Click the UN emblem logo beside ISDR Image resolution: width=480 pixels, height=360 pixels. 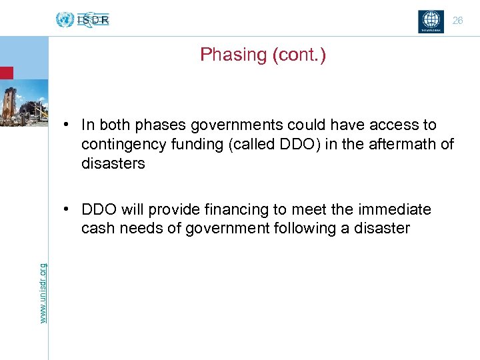tap(65, 20)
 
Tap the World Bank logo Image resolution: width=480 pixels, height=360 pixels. tap(430, 21)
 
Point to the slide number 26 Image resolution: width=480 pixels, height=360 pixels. tap(457, 21)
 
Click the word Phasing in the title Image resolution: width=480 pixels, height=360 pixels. tap(233, 55)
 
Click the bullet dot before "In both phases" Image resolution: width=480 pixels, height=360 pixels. tap(69, 125)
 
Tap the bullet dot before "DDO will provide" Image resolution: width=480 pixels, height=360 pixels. tap(69, 210)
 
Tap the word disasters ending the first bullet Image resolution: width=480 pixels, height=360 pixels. tap(113, 163)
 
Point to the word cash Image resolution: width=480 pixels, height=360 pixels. tap(97, 229)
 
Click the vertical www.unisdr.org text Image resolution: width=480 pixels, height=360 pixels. tap(43, 293)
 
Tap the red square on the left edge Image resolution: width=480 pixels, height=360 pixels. tap(6, 73)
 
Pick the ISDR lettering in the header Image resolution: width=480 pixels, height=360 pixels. tap(93, 20)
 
